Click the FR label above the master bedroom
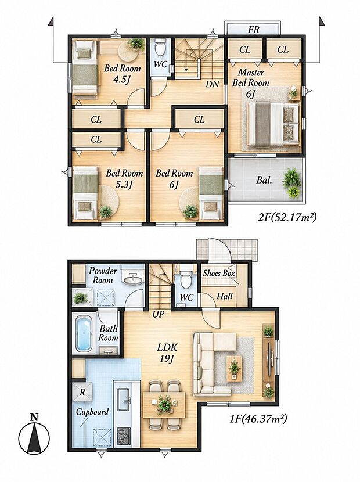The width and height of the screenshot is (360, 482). (x=254, y=30)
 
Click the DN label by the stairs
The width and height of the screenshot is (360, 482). (x=212, y=84)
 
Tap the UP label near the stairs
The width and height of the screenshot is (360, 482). (x=159, y=314)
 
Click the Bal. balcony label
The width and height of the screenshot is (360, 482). (x=264, y=180)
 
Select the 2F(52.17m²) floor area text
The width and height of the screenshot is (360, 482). (x=287, y=218)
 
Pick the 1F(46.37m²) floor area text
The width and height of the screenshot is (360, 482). (x=258, y=418)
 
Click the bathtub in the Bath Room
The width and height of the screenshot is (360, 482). (x=83, y=334)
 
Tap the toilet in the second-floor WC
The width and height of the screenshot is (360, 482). (x=160, y=46)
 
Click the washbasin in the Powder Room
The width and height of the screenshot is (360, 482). (x=133, y=278)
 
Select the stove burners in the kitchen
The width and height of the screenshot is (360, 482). (x=124, y=436)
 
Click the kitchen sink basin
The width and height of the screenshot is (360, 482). (x=124, y=400)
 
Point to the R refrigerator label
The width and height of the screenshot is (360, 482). (x=82, y=393)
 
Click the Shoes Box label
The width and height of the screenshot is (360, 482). (x=219, y=273)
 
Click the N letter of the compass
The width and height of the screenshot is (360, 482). (x=34, y=418)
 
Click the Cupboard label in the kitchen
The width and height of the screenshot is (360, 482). (x=92, y=412)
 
